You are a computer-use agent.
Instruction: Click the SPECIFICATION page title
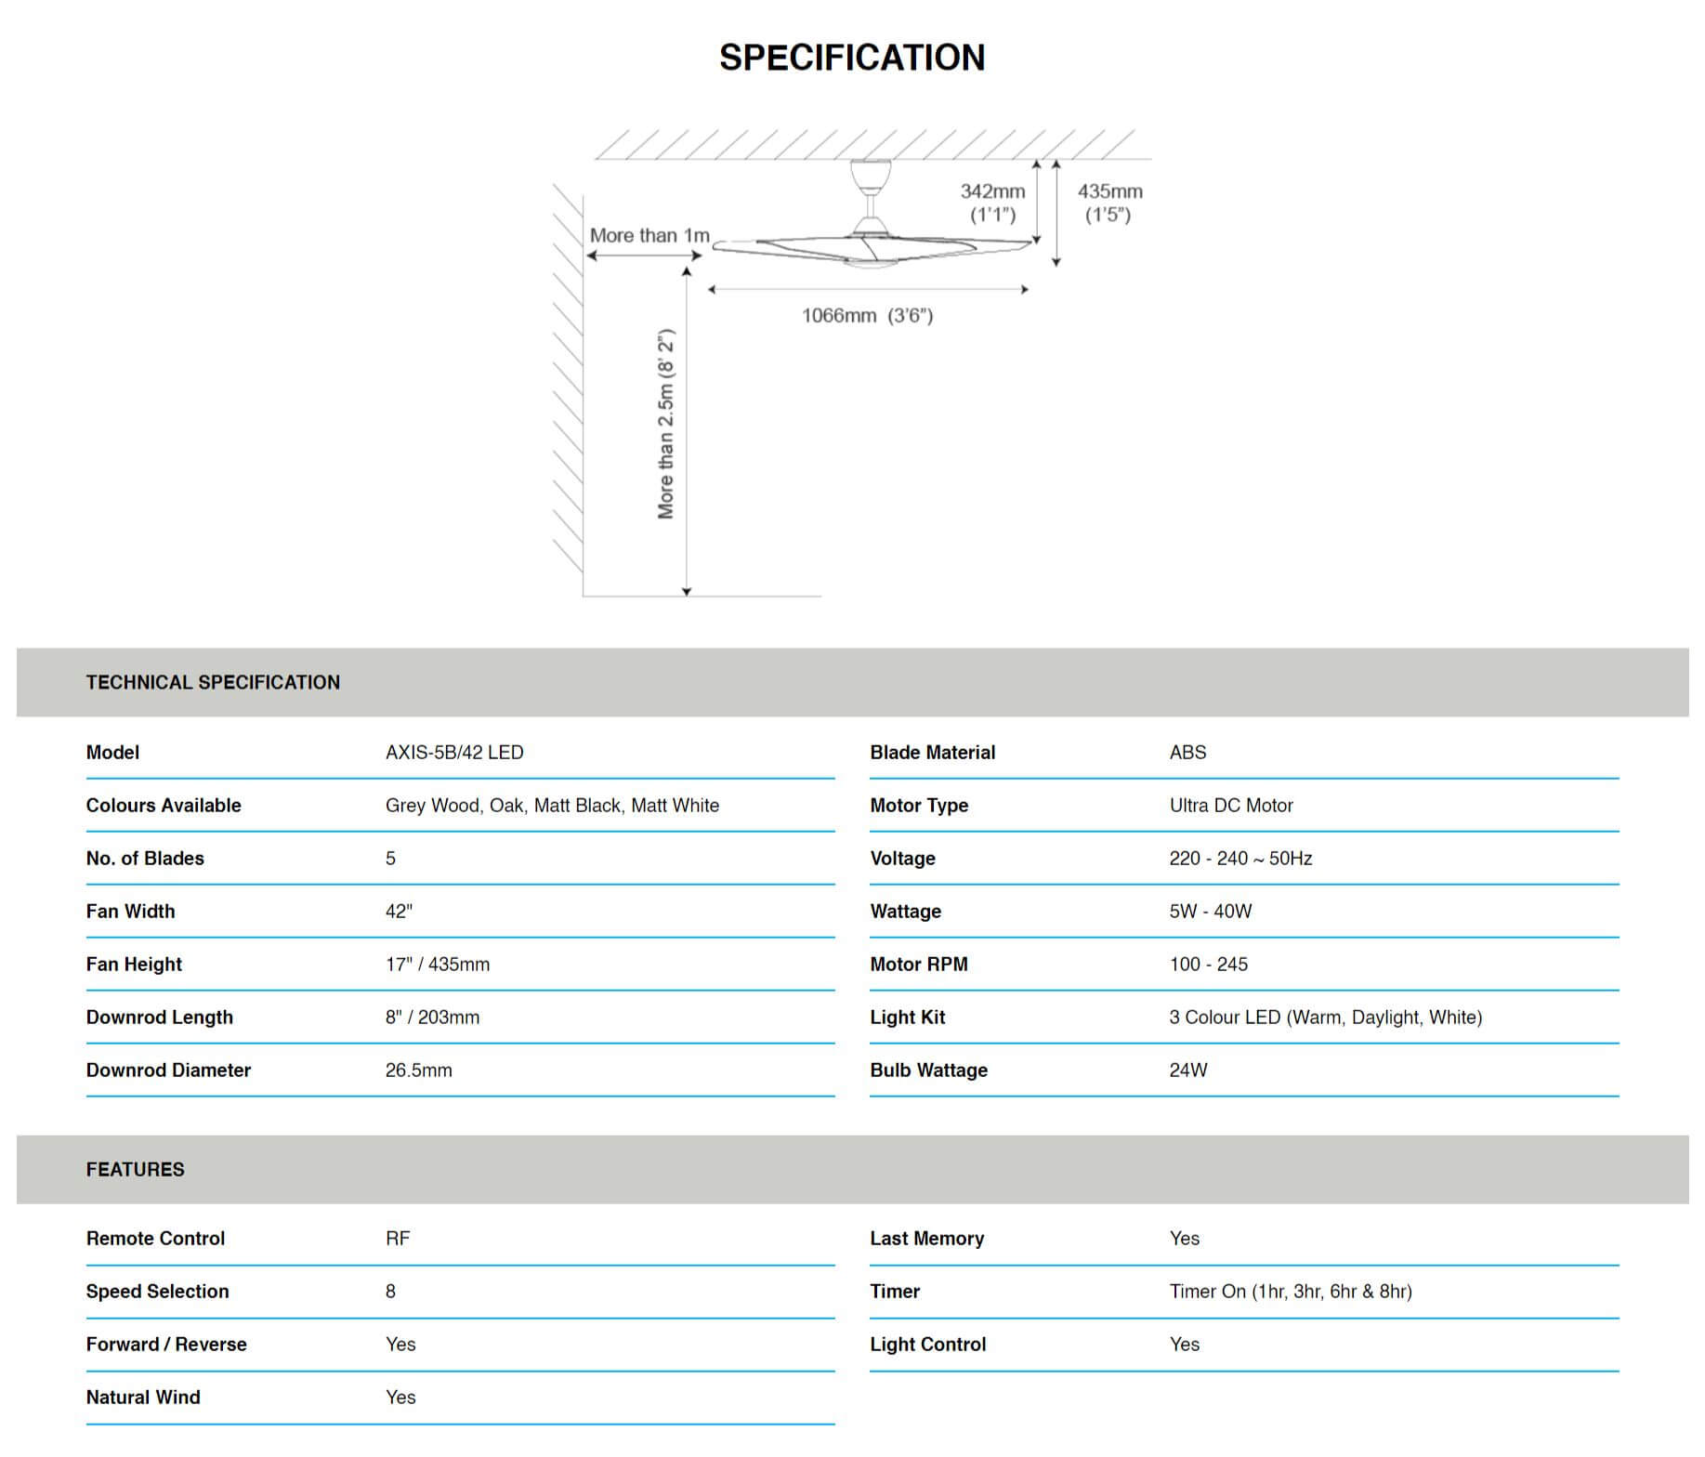click(852, 58)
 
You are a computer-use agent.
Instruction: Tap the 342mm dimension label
click(992, 191)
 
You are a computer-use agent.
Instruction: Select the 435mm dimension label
click(1109, 191)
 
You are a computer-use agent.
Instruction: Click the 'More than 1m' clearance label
click(649, 236)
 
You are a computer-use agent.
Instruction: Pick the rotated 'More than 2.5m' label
click(666, 424)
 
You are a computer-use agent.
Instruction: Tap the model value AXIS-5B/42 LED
click(454, 753)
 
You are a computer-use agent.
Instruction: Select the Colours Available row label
click(164, 806)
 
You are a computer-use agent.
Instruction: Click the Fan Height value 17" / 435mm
click(438, 965)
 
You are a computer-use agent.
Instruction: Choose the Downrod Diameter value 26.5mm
click(419, 1070)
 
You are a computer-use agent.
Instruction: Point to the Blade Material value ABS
click(1187, 753)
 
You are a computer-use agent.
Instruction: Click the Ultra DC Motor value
click(1231, 806)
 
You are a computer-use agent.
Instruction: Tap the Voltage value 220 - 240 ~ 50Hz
click(1240, 859)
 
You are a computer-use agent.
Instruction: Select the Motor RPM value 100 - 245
click(1208, 965)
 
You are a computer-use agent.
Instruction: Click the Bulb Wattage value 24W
click(1188, 1070)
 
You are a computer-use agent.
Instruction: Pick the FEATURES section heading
click(136, 1170)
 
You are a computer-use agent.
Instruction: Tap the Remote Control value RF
click(398, 1239)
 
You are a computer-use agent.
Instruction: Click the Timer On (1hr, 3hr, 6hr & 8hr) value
click(1291, 1292)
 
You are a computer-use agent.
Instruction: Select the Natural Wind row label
click(143, 1398)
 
